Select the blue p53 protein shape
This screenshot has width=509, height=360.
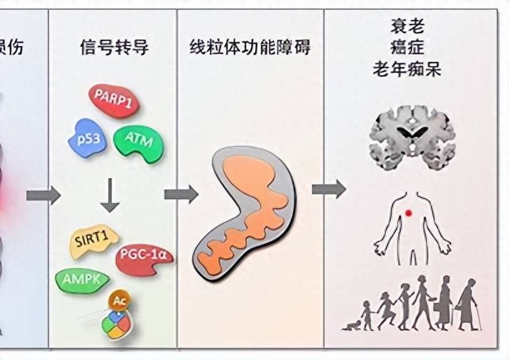pos(85,137)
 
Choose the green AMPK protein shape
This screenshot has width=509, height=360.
pos(82,279)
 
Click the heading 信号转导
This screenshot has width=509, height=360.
pos(114,47)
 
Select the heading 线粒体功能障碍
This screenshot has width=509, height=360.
pos(250,47)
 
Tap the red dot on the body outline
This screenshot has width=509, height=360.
pos(408,214)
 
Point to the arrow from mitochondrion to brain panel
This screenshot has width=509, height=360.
pos(328,188)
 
